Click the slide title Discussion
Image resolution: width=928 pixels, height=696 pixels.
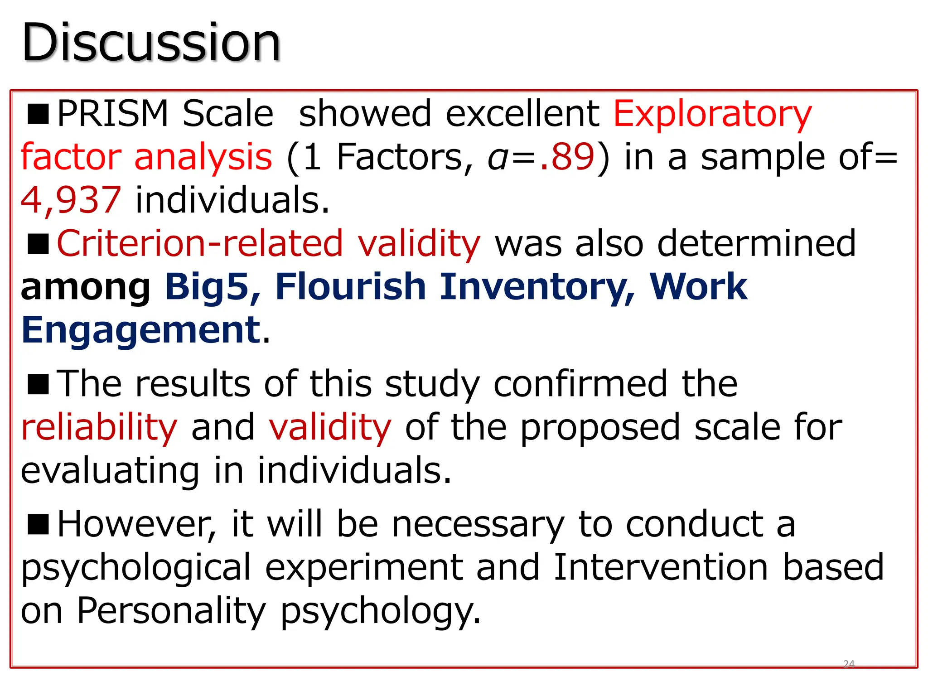(x=151, y=43)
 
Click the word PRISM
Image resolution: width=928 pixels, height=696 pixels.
(x=113, y=114)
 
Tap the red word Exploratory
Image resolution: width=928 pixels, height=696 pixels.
(x=712, y=114)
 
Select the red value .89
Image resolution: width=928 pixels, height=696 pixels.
(x=567, y=157)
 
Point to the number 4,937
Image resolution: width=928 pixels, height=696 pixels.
(x=71, y=200)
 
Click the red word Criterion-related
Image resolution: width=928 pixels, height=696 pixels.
(x=200, y=243)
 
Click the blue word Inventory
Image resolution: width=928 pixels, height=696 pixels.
(x=537, y=286)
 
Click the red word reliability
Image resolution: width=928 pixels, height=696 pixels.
(x=99, y=427)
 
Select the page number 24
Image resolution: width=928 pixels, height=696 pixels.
(x=849, y=664)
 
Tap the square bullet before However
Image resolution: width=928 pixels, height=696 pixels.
(x=38, y=524)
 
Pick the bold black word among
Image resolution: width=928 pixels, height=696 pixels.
(x=86, y=287)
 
